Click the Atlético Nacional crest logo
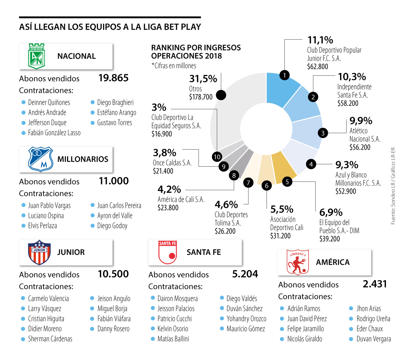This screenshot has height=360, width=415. [37, 56]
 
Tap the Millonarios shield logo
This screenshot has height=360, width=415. [40, 159]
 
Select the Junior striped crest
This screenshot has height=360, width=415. [39, 252]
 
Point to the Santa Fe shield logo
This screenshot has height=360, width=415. [167, 252]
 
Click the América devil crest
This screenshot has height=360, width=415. [298, 262]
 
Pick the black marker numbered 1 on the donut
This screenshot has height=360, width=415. [284, 75]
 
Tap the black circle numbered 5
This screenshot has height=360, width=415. [287, 182]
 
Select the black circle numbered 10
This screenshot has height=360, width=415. [217, 157]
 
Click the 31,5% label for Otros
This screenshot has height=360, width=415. [203, 79]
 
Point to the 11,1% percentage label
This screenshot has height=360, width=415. [320, 40]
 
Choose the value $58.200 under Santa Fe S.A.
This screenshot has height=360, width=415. [348, 103]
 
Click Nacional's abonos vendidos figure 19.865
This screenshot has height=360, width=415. [113, 78]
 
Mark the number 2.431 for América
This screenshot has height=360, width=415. [375, 284]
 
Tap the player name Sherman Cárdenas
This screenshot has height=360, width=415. [50, 339]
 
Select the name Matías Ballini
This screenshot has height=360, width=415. [173, 339]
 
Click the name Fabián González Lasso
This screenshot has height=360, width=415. [54, 133]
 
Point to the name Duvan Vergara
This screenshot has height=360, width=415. [373, 339]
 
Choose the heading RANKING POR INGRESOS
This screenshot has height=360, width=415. [196, 48]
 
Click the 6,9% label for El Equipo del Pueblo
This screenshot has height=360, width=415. [331, 212]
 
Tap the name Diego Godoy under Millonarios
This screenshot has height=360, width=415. [112, 226]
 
